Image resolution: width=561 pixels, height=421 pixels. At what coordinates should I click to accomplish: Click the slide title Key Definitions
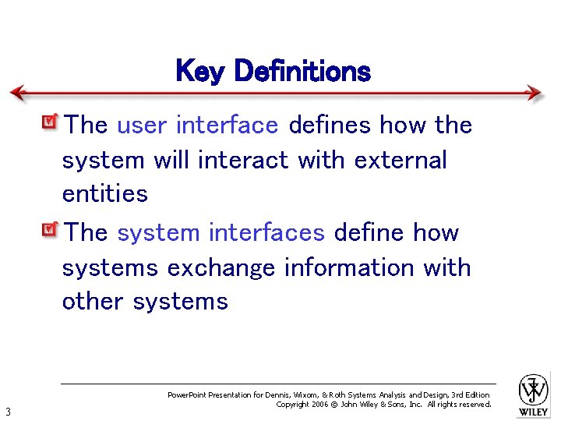click(x=273, y=72)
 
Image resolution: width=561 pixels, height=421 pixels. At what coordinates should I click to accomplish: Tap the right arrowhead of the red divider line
click(x=535, y=93)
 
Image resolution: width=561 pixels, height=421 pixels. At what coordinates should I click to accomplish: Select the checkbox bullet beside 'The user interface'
click(x=51, y=122)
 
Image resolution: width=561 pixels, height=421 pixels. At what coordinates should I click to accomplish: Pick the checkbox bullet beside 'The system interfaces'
click(x=51, y=230)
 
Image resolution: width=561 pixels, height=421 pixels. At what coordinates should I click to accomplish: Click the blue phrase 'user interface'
click(x=197, y=125)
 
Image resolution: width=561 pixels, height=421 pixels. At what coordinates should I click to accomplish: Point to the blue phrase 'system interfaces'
click(x=221, y=232)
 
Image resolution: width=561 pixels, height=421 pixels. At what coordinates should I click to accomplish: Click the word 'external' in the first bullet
click(x=400, y=160)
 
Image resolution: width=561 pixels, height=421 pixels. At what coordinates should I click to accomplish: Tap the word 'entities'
click(x=105, y=193)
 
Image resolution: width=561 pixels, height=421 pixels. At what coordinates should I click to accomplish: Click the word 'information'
click(x=350, y=267)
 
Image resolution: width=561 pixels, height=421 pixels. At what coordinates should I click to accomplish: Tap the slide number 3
click(x=7, y=412)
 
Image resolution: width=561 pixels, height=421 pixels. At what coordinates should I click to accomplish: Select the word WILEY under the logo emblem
click(x=534, y=412)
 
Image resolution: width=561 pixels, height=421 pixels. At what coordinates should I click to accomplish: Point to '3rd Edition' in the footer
click(x=471, y=395)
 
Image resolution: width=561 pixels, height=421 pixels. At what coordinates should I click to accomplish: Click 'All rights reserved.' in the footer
click(x=459, y=405)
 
